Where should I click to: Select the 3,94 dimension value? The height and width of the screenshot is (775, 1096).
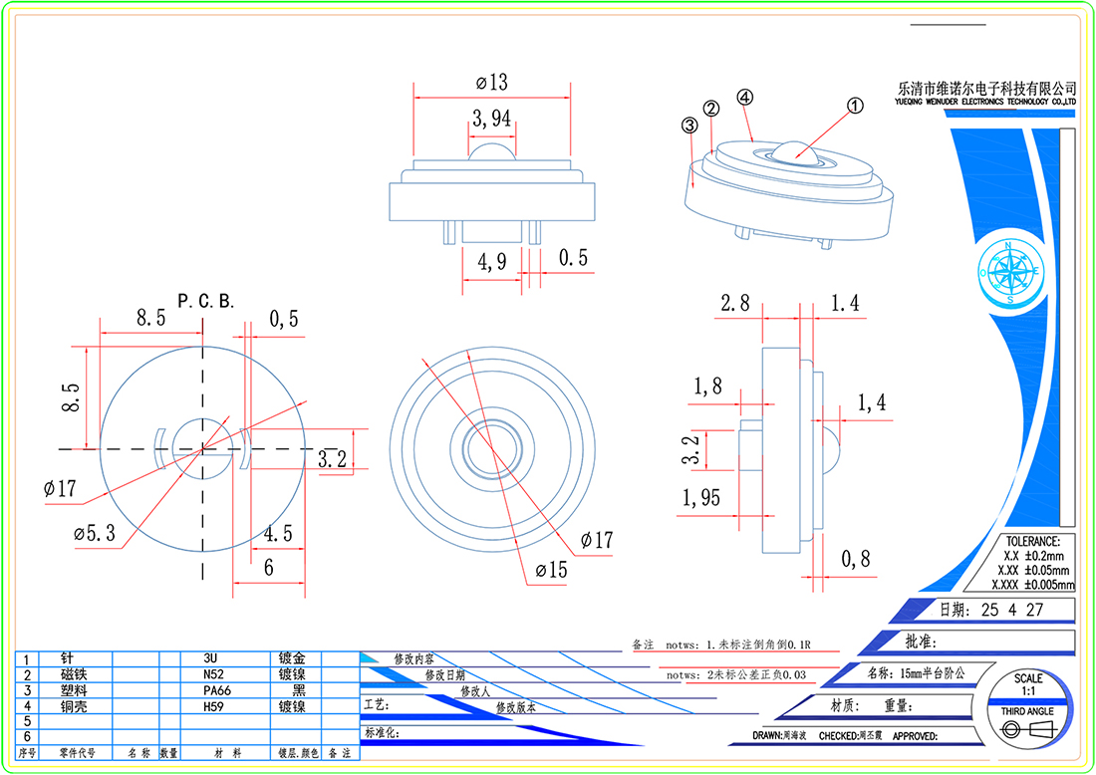pyautogui.click(x=491, y=120)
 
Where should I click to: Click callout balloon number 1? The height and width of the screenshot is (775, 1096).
pyautogui.click(x=854, y=105)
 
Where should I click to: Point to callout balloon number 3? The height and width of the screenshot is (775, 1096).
pyautogui.click(x=688, y=126)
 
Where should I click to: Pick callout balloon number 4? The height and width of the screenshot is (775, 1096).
pyautogui.click(x=743, y=98)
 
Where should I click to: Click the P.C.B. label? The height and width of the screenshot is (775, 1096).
pyautogui.click(x=205, y=301)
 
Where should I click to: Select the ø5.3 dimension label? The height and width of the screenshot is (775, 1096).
pyautogui.click(x=94, y=533)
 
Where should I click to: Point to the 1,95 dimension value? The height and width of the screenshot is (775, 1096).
pyautogui.click(x=701, y=498)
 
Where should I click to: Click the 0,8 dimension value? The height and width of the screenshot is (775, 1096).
pyautogui.click(x=855, y=560)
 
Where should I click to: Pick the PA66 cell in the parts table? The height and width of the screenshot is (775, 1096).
pyautogui.click(x=217, y=690)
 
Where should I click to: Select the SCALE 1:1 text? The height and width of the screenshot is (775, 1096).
pyautogui.click(x=1028, y=684)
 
